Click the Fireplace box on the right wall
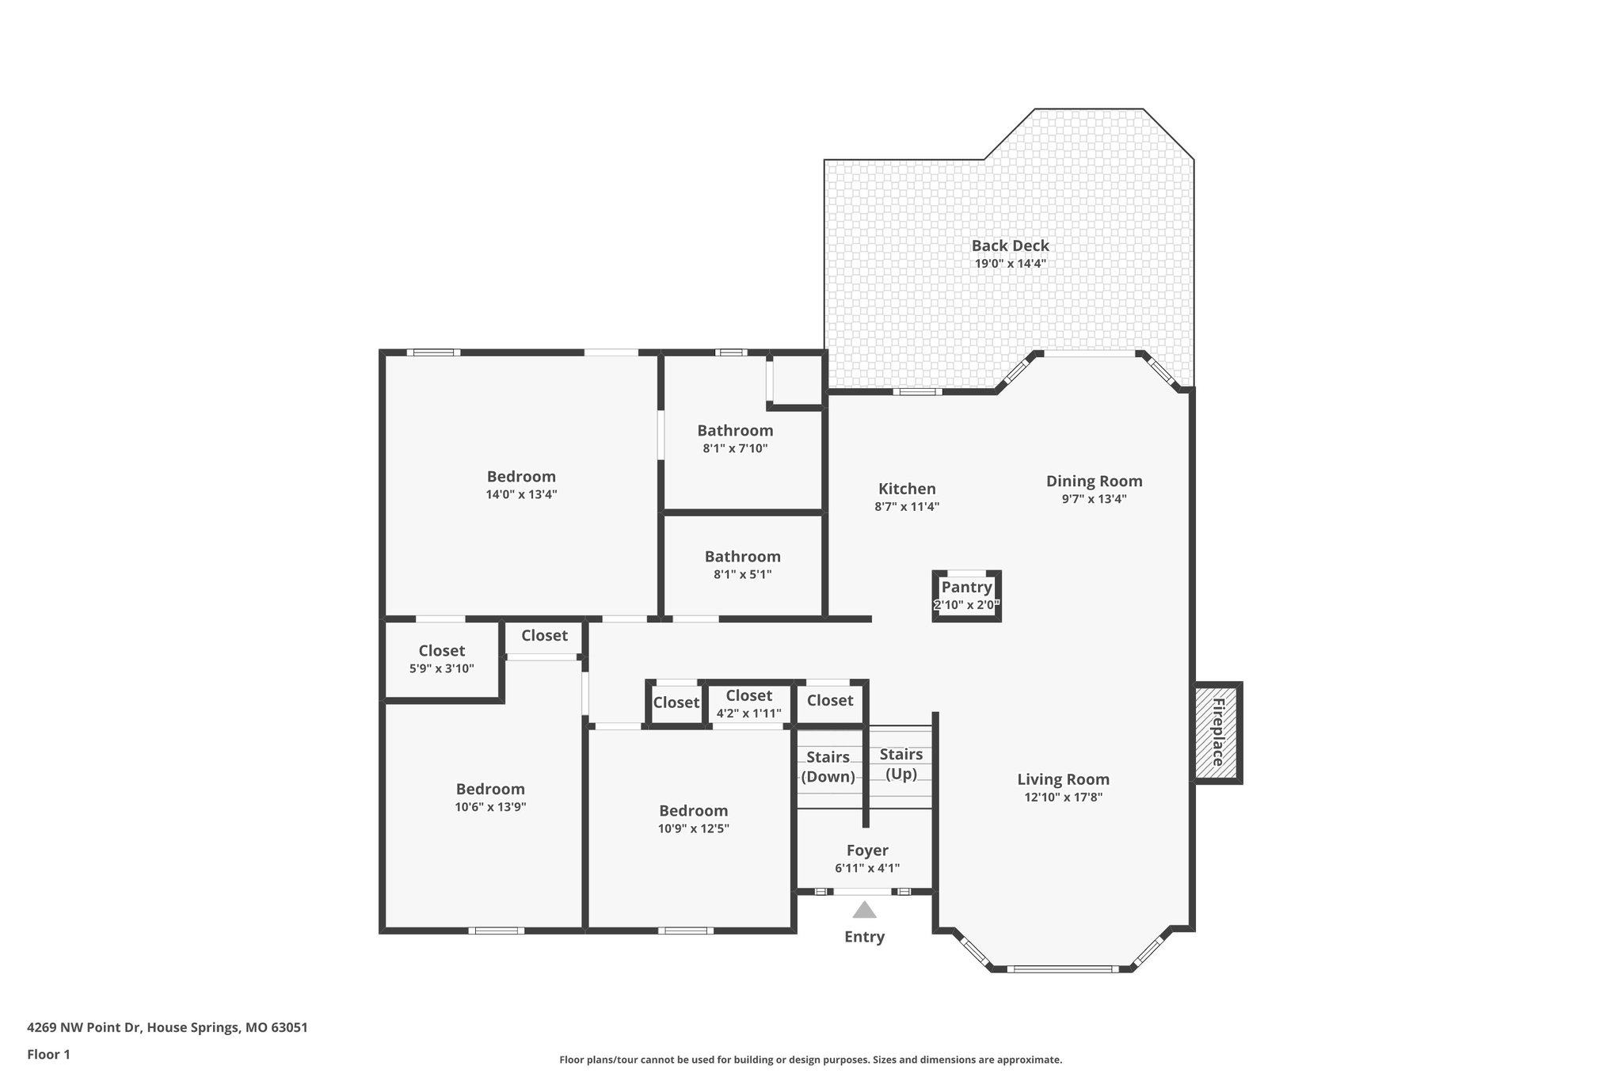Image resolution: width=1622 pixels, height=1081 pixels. (x=1217, y=733)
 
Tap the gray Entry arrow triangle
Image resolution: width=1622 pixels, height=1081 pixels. (x=864, y=911)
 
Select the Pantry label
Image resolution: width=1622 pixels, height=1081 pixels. (x=966, y=587)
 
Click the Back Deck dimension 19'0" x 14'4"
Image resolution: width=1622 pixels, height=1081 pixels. (x=1010, y=264)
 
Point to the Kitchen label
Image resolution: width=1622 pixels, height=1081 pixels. (x=907, y=489)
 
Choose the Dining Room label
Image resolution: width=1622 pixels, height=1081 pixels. (x=1094, y=481)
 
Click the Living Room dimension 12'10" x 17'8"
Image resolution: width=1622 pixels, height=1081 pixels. (x=1063, y=797)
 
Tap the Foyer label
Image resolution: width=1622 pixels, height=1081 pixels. (x=867, y=851)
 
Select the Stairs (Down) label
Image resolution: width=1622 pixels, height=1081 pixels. (x=828, y=767)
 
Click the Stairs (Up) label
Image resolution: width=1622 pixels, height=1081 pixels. (x=900, y=763)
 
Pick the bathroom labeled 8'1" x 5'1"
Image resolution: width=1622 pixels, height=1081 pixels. (x=742, y=564)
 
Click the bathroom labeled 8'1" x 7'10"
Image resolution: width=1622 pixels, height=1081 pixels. (x=735, y=438)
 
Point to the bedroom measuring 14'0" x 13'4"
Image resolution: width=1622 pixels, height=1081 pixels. (x=521, y=484)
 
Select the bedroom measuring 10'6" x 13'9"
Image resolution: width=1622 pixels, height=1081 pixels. (x=490, y=797)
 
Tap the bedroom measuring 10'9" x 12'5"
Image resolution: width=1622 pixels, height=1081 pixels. (x=693, y=818)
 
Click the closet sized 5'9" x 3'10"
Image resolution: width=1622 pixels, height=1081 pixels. (x=441, y=658)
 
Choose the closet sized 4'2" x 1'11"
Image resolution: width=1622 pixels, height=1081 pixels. (x=748, y=703)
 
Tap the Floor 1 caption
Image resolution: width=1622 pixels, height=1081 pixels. (x=48, y=1055)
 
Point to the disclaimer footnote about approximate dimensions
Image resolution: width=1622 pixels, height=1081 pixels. (x=810, y=1060)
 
